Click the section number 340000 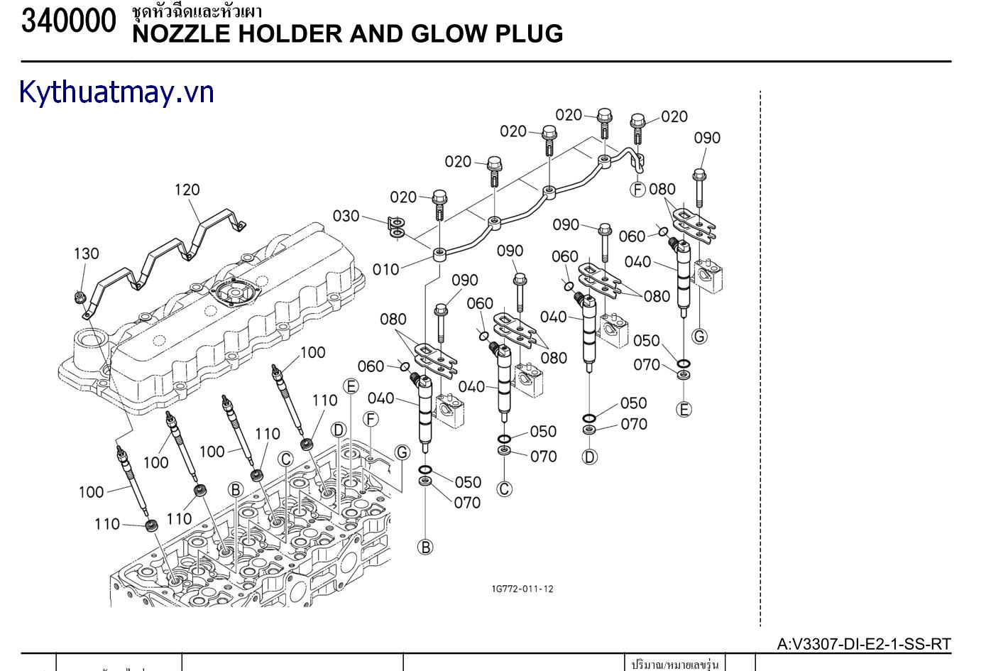tap(68, 22)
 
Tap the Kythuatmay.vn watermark tap(116, 92)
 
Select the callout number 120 tap(187, 190)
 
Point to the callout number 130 tap(87, 253)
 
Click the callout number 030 tap(346, 216)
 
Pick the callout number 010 tap(386, 269)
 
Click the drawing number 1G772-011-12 tap(522, 589)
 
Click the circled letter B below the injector tap(425, 547)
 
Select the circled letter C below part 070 tap(504, 489)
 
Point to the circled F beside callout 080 tap(638, 189)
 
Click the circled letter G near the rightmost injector tap(699, 336)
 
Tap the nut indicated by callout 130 tap(80, 296)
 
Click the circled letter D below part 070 tap(590, 457)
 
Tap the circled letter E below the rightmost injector tap(684, 409)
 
